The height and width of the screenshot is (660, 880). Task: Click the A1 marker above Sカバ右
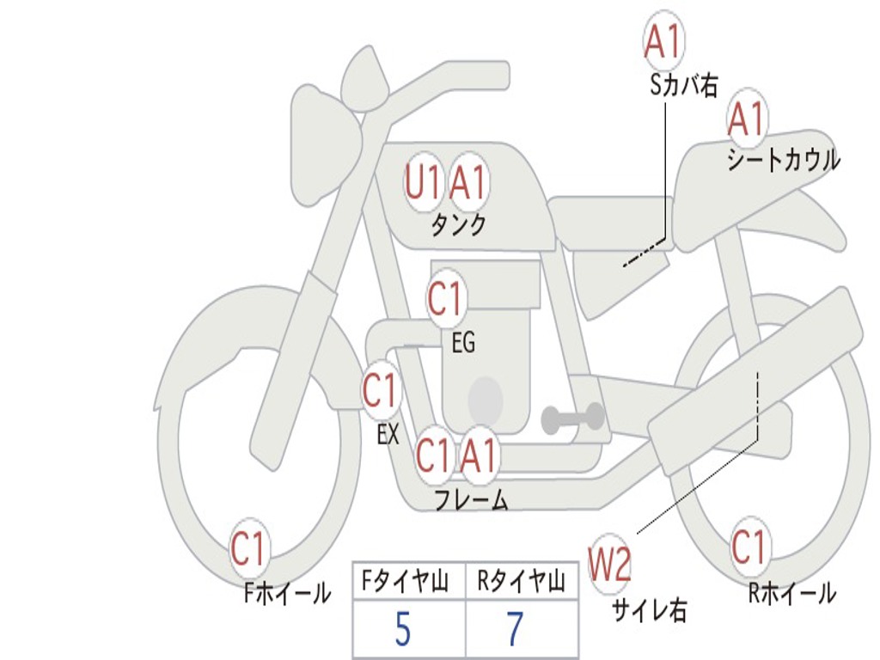(663, 41)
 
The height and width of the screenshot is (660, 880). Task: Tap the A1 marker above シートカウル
(747, 119)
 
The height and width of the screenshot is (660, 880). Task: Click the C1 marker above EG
(446, 298)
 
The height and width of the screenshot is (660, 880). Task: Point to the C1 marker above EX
(381, 391)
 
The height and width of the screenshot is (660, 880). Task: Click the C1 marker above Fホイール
(248, 547)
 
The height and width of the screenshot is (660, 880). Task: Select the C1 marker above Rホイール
(749, 547)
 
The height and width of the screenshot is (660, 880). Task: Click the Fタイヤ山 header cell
(409, 581)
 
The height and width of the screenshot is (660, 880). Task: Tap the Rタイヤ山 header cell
(522, 581)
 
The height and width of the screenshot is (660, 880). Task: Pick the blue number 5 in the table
(403, 629)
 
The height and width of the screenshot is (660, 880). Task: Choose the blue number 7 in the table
(515, 629)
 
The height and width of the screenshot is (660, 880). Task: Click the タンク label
(459, 224)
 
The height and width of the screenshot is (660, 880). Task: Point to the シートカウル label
(784, 159)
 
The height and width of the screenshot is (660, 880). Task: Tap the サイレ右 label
(650, 609)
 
